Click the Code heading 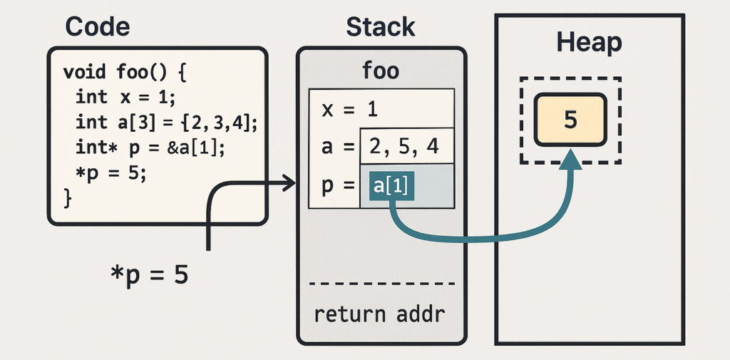click(x=98, y=27)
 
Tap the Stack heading click(x=381, y=27)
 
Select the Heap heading click(x=589, y=43)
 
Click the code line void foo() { click(x=125, y=72)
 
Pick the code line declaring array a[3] click(x=166, y=122)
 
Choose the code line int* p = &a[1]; click(x=150, y=148)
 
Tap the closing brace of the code click(x=68, y=197)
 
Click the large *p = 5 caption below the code click(x=149, y=274)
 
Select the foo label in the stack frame click(x=381, y=71)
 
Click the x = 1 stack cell click(x=349, y=109)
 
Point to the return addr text click(x=380, y=314)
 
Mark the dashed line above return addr click(x=381, y=283)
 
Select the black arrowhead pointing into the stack click(x=288, y=185)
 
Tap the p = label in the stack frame click(x=338, y=187)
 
